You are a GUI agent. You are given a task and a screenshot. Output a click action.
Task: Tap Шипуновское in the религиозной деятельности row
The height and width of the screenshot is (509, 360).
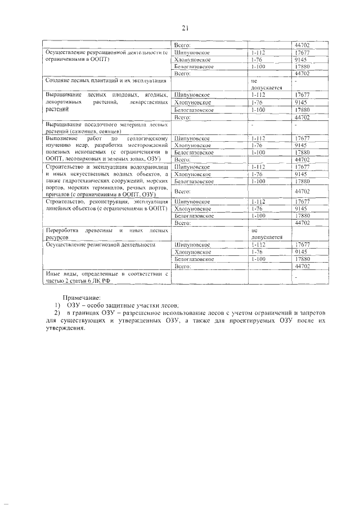coord(192,245)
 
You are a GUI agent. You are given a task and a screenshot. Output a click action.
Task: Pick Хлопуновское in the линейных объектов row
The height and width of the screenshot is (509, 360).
coord(192,208)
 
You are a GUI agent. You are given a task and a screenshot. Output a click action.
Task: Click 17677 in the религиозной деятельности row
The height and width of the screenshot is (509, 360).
coord(302,245)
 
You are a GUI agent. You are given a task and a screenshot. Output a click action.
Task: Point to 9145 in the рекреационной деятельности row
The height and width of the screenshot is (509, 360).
coord(300,59)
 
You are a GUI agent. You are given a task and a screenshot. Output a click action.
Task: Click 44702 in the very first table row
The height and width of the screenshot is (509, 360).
coord(302,45)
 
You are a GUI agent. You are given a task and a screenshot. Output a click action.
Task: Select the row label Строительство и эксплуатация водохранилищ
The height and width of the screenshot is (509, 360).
coord(106,167)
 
